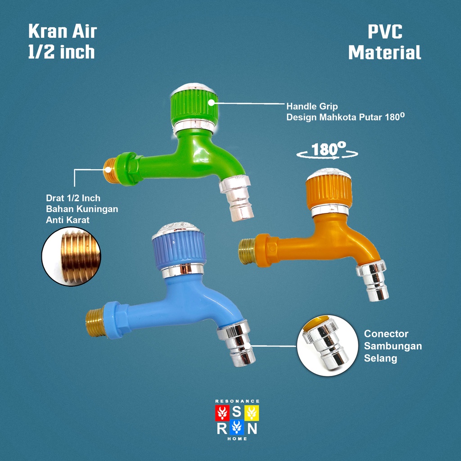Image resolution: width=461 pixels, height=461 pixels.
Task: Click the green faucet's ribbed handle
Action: tap(194, 107)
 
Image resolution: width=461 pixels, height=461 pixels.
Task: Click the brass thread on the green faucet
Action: tap(110, 170)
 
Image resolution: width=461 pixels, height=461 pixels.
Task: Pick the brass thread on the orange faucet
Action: tap(247, 251)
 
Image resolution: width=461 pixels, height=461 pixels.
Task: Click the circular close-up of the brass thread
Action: tap(71, 257)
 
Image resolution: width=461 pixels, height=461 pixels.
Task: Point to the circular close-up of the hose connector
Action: tap(327, 345)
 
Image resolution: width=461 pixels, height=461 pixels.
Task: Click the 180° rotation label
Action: tap(328, 150)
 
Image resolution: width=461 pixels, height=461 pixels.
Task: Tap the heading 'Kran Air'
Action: tap(63, 32)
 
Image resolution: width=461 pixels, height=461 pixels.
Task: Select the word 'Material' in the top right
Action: tap(384, 53)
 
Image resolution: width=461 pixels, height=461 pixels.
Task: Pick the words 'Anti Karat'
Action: tap(68, 220)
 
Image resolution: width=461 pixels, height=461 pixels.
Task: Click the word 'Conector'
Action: tap(386, 334)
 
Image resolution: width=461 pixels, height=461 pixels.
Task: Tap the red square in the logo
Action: tap(223, 412)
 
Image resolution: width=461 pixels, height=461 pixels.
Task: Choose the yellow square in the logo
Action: tap(252, 412)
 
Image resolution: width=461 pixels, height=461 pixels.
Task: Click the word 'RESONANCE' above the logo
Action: tap(237, 401)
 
